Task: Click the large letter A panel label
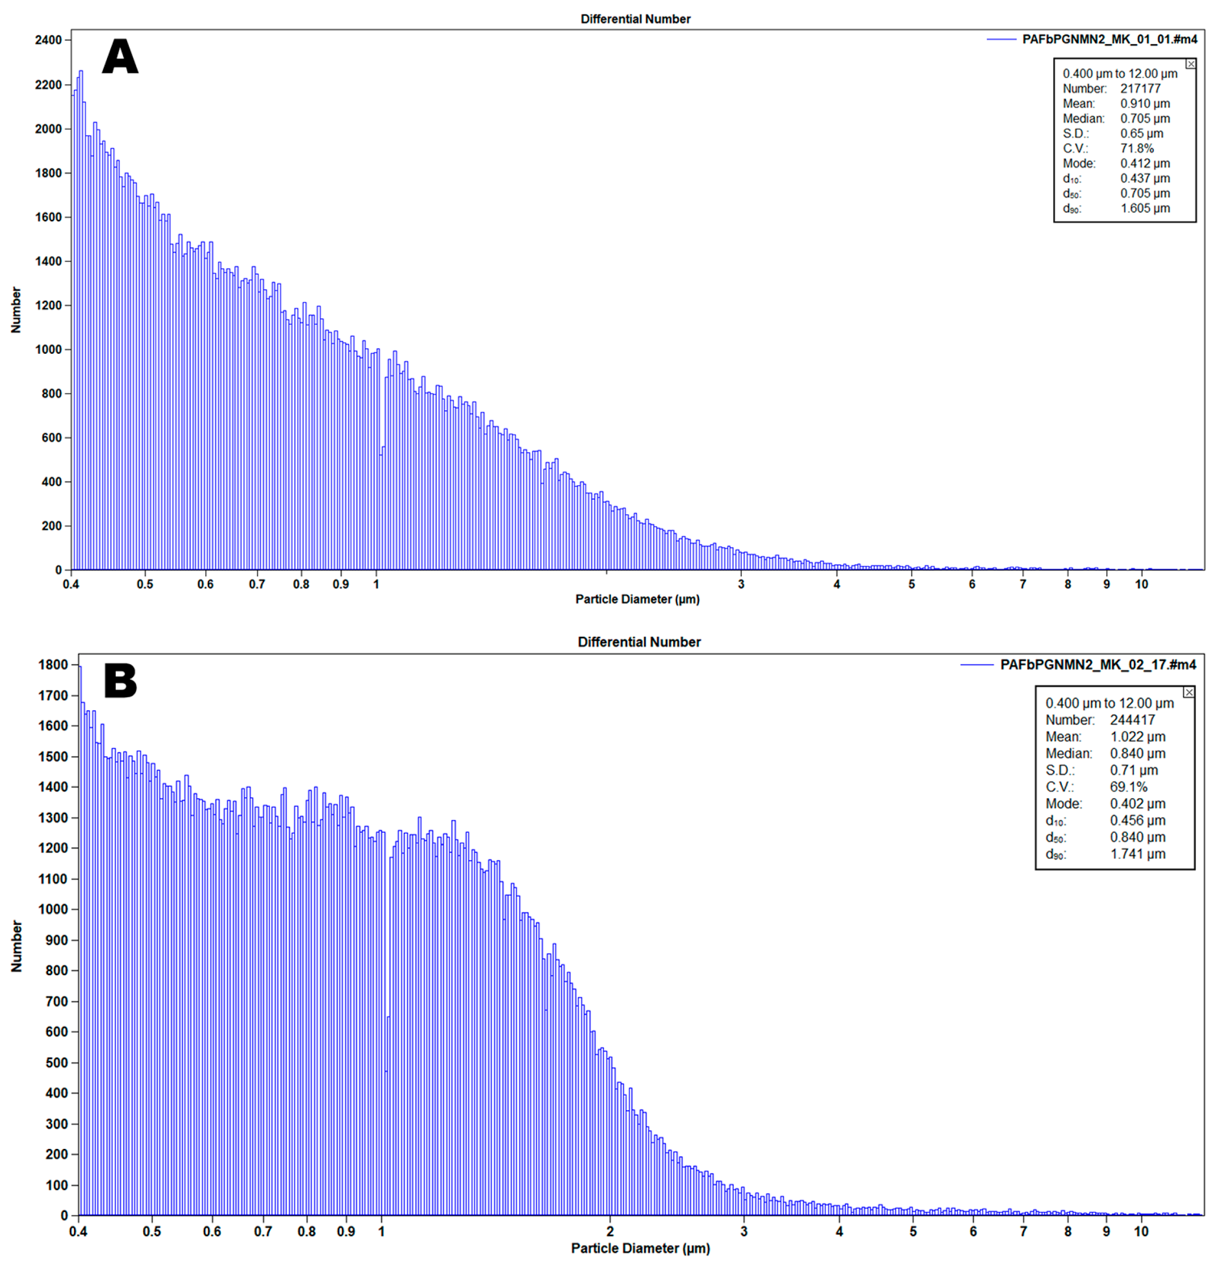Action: tap(120, 56)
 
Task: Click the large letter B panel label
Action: tap(120, 681)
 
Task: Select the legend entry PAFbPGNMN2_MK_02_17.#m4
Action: tap(1098, 665)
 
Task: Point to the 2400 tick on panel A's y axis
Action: tap(49, 40)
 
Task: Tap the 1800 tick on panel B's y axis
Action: tap(53, 665)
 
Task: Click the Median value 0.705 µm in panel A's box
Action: tap(1145, 119)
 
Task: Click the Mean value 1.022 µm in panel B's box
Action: tap(1137, 737)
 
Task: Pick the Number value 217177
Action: tap(1140, 89)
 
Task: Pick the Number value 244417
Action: tap(1132, 720)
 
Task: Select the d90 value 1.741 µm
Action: tap(1137, 854)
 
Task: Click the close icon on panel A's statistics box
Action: tap(1190, 64)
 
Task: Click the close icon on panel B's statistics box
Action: tap(1189, 693)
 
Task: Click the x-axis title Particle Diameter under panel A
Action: tap(637, 599)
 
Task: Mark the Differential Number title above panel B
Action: tap(639, 642)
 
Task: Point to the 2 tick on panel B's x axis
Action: tap(610, 1232)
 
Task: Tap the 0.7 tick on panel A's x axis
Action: tap(257, 584)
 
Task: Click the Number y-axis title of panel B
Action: tap(17, 946)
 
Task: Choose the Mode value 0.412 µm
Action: tap(1145, 163)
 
